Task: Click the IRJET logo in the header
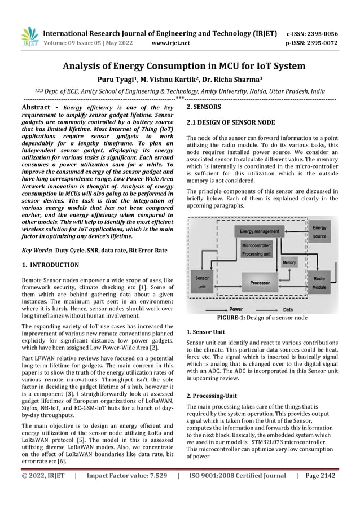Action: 29,36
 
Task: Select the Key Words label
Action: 36,248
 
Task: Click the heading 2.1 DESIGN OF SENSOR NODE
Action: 231,122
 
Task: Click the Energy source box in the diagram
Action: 319,231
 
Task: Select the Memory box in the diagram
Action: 288,263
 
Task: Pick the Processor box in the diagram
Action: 260,282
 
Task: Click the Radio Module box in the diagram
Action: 319,283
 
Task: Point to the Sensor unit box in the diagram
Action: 201,283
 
